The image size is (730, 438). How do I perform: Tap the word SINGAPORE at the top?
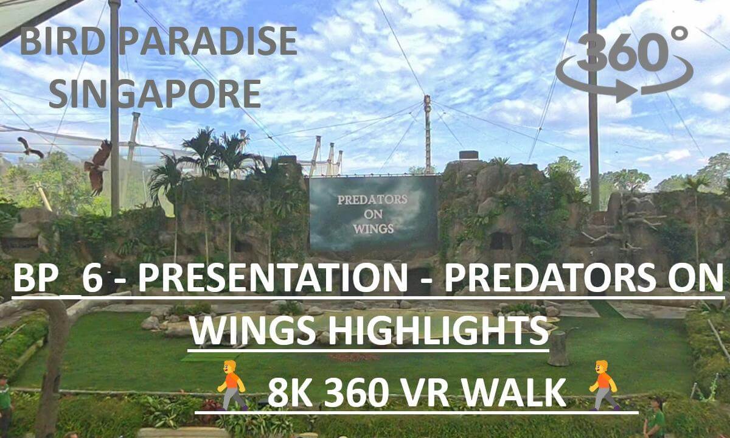[x=155, y=94]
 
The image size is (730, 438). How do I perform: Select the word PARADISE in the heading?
[x=208, y=41]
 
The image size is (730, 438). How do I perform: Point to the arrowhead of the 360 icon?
[x=626, y=91]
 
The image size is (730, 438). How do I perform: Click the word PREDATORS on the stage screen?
[x=372, y=200]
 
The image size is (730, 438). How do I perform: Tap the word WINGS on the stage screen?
[x=374, y=229]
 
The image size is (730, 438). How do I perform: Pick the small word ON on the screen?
[x=373, y=214]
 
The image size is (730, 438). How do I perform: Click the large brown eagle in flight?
[x=98, y=166]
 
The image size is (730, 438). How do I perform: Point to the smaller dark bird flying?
[x=30, y=147]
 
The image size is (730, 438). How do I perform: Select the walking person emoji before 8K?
[x=232, y=385]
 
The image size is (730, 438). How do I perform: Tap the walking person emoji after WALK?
[x=603, y=385]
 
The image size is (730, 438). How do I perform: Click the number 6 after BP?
[x=93, y=279]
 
